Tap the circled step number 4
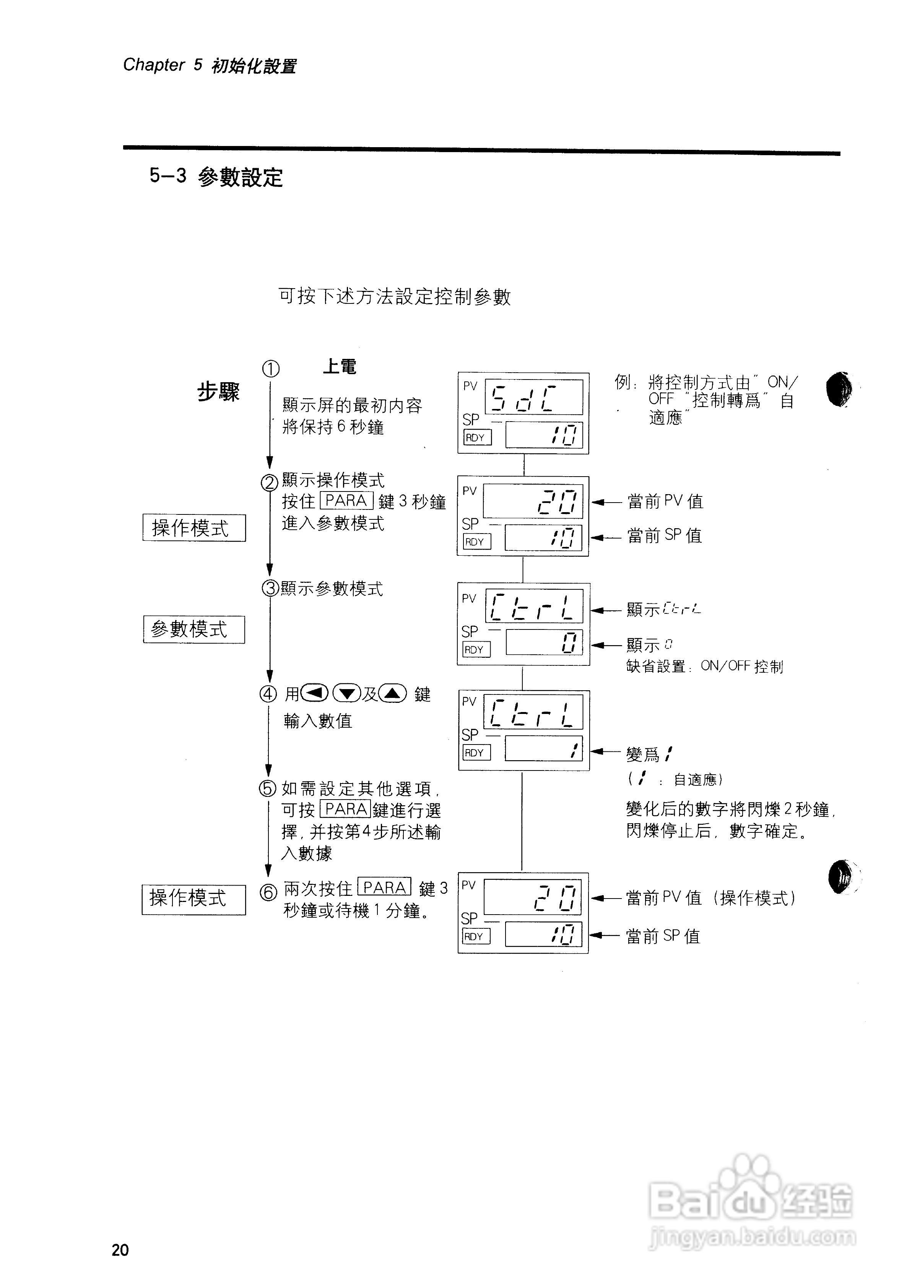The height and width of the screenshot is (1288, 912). click(268, 694)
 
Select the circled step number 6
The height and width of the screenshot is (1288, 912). click(268, 892)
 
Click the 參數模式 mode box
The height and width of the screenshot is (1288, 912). click(194, 629)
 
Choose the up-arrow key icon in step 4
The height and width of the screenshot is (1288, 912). click(393, 694)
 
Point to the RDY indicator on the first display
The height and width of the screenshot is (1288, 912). click(476, 438)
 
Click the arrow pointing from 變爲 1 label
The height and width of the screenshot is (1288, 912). click(605, 751)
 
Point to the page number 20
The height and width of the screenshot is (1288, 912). click(120, 1250)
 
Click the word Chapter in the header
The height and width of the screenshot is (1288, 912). click(153, 65)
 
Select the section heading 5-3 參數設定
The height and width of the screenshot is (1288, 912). click(216, 177)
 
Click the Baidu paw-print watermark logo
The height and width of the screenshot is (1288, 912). click(750, 1196)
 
